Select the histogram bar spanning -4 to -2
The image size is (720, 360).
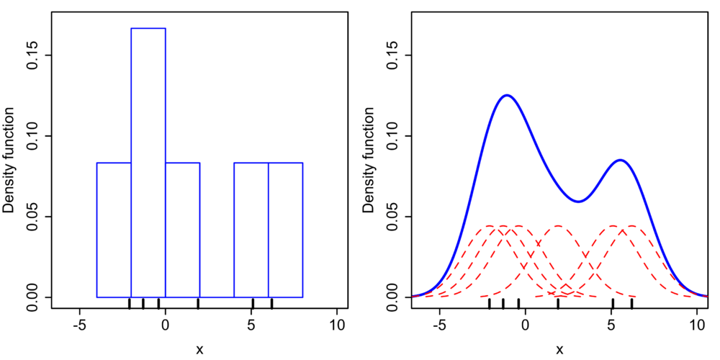[114, 230]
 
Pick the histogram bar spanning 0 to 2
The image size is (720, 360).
[182, 230]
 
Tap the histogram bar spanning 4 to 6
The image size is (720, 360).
[251, 230]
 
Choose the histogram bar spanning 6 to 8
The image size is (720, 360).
[285, 230]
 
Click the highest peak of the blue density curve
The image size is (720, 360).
[508, 95]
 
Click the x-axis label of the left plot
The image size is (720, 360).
[199, 350]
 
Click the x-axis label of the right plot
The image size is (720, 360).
[559, 350]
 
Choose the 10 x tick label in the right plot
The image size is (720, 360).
[696, 325]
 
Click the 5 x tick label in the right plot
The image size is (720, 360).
[612, 325]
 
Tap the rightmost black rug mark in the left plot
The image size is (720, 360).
[271, 303]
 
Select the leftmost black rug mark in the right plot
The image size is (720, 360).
[490, 303]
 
